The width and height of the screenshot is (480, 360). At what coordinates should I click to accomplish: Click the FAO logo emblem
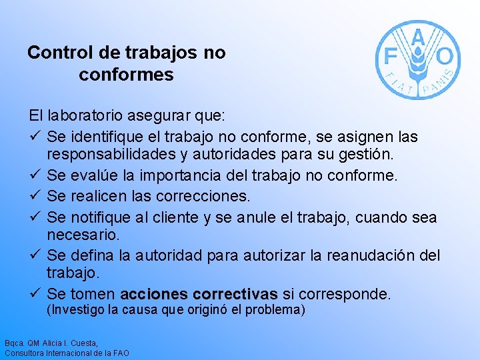pyautogui.click(x=417, y=60)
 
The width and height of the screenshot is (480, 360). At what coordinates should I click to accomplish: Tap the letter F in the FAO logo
pyautogui.click(x=389, y=55)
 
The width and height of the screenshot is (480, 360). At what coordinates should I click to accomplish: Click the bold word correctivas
pyautogui.click(x=235, y=294)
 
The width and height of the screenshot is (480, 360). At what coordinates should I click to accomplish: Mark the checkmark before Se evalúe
pyautogui.click(x=37, y=176)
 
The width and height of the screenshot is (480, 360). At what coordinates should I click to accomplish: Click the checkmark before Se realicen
pyautogui.click(x=37, y=197)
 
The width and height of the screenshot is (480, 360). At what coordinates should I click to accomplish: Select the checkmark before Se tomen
pyautogui.click(x=37, y=294)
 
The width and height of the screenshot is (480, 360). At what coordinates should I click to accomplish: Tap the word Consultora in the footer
pyautogui.click(x=23, y=353)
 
